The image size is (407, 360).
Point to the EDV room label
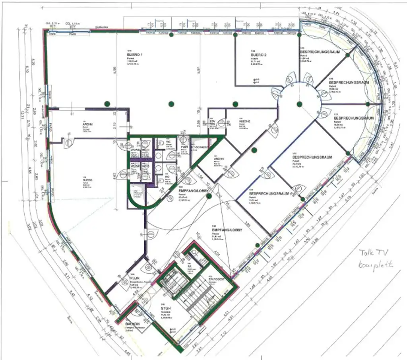coord(212,121)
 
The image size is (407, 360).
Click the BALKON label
coord(132,324)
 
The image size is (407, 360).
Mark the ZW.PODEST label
coord(217,279)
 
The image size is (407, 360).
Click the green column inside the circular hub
coord(299,104)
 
